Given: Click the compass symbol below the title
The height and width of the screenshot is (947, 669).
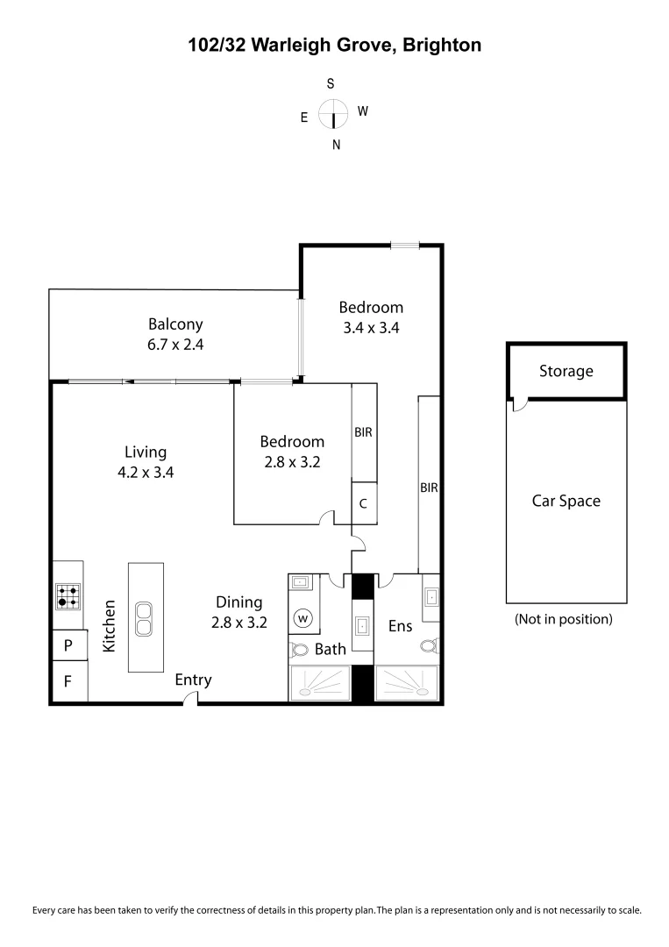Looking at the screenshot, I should coord(333,114).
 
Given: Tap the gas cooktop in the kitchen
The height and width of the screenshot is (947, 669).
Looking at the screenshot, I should coord(67,597).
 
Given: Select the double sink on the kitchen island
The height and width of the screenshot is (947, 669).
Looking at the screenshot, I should coord(145,618).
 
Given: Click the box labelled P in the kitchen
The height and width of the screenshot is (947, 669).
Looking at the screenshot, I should coord(68,647).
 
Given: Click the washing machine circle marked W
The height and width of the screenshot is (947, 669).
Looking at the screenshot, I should coord(304,618).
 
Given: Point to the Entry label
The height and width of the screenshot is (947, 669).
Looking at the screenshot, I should coord(193,680).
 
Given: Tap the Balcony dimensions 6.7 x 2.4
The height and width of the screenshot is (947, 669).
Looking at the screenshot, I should coord(175,345).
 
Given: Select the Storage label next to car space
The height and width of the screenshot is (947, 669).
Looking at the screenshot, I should coord(566,371).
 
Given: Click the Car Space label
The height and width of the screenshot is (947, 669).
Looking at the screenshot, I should coord(566,501).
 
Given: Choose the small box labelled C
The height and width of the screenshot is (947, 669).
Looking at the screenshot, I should coord(364,504).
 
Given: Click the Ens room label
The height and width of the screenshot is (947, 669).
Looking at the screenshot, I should coord(400,627).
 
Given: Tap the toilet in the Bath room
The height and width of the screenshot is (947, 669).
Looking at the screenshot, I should coord(301,650).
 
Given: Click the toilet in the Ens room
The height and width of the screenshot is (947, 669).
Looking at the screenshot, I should coord(429,646).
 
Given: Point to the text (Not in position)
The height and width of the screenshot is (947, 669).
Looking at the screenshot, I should coord(563,619).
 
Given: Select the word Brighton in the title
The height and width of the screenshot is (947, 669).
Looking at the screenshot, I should coord(442,45).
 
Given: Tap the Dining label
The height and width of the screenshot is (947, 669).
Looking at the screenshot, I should coord(239,602).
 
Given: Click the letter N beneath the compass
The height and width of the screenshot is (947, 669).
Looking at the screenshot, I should coord(336,146).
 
